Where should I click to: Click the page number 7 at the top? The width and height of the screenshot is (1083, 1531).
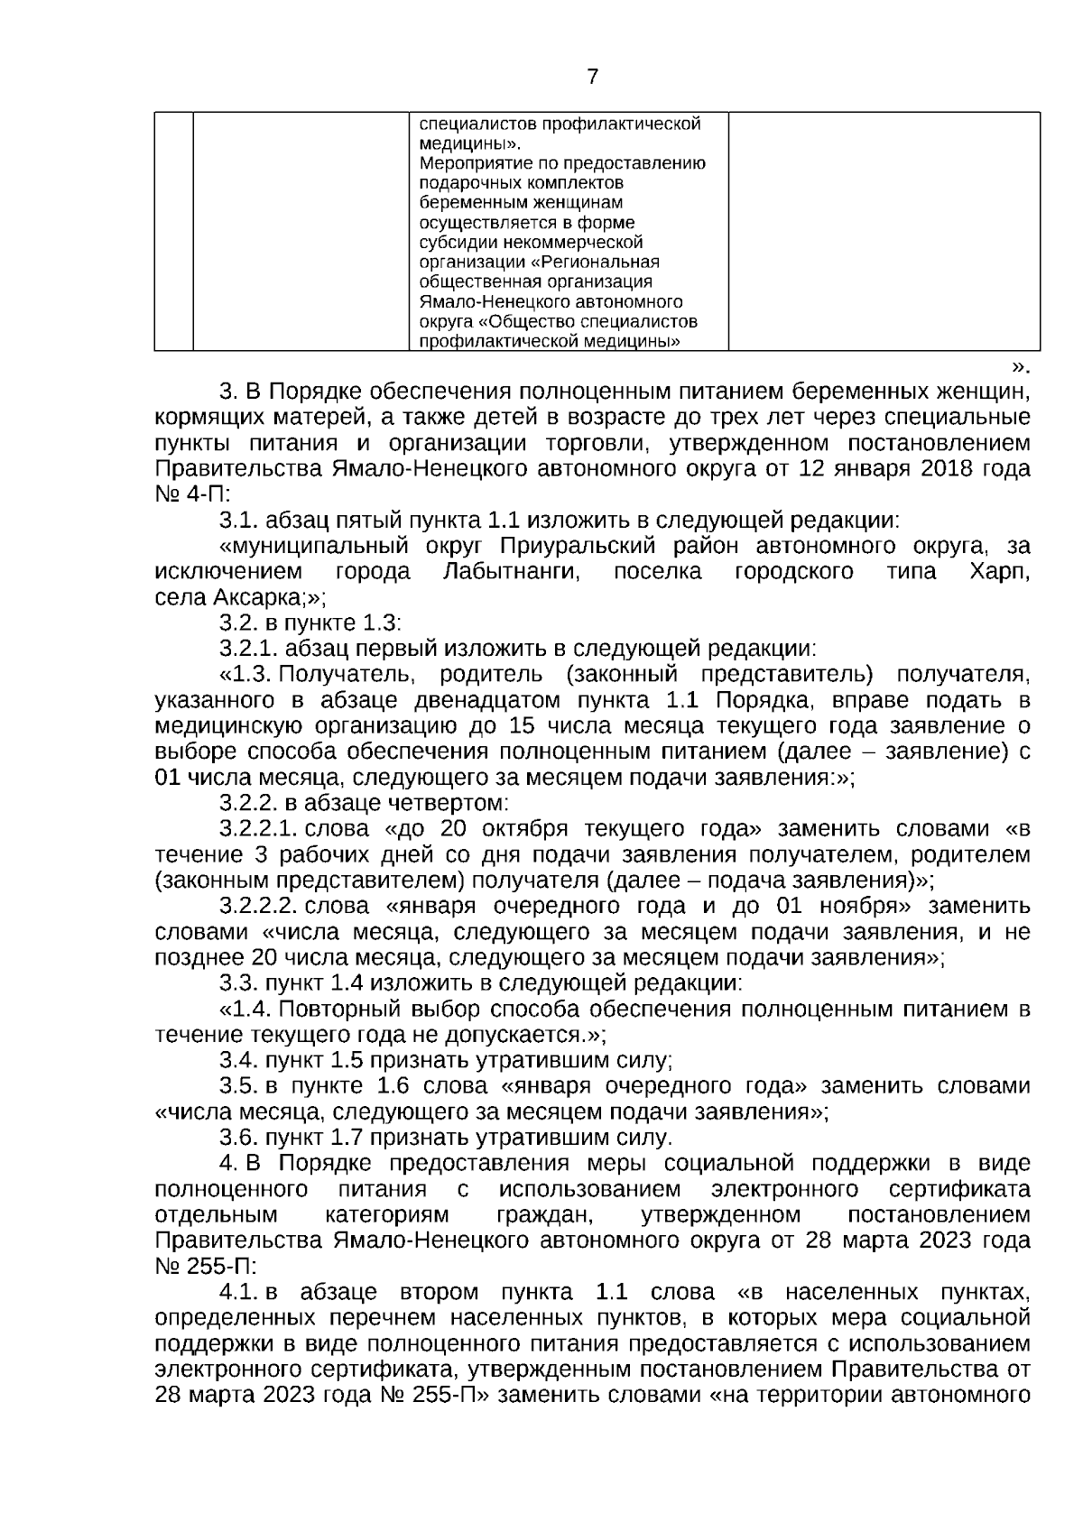click(592, 77)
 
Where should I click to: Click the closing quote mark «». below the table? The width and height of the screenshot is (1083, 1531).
click(1020, 365)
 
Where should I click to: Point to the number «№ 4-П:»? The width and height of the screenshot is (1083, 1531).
click(193, 495)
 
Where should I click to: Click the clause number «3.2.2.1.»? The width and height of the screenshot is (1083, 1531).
click(258, 828)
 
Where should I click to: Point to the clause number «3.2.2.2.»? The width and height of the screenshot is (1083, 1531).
click(258, 905)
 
